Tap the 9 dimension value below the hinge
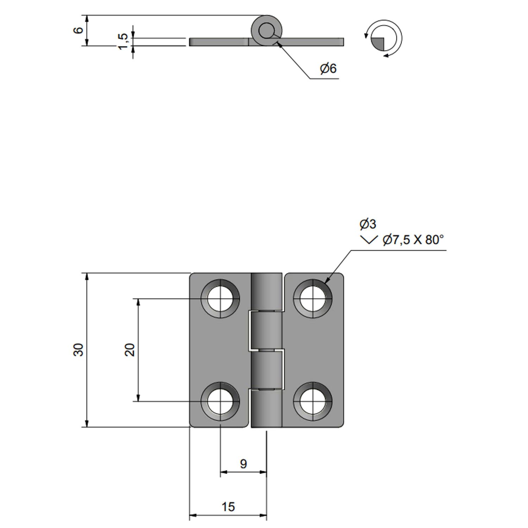point(243,464)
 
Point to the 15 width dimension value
point(228,507)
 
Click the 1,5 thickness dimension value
point(123,42)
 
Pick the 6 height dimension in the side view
point(78,30)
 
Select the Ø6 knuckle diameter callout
point(328,68)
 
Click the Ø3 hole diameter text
point(367,224)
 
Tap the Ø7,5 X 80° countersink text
point(413,240)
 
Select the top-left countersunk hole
point(220,299)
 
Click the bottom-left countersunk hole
point(220,402)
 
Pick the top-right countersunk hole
point(312,299)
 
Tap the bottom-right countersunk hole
point(312,402)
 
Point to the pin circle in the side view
point(266,31)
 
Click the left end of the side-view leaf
point(192,42)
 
